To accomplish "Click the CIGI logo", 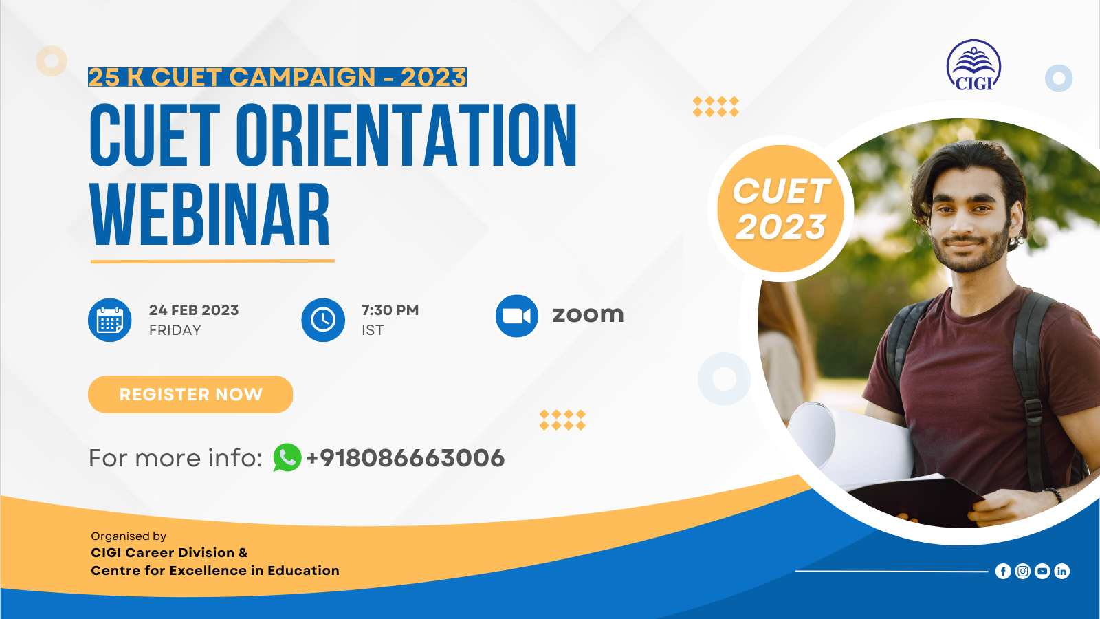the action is point(973,65).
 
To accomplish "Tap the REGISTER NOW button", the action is point(190,395).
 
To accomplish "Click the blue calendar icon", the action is point(109,320).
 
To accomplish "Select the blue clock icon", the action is point(323,320).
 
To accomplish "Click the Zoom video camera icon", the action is point(516,316).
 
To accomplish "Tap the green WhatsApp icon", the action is point(287,457).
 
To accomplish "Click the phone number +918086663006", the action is point(405,458).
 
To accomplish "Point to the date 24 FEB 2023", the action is point(194,310).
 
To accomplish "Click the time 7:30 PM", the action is point(390,310).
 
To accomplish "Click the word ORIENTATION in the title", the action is point(406,135).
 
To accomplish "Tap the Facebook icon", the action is point(1003,572).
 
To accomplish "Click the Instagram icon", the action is point(1023,572).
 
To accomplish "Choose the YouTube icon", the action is point(1042,572).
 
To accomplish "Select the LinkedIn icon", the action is point(1061,572).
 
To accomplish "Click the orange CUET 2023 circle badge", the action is point(781,208).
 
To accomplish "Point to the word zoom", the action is point(588,315).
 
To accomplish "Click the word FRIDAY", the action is point(175,330).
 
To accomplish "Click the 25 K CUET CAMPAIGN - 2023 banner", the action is point(278,77).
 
